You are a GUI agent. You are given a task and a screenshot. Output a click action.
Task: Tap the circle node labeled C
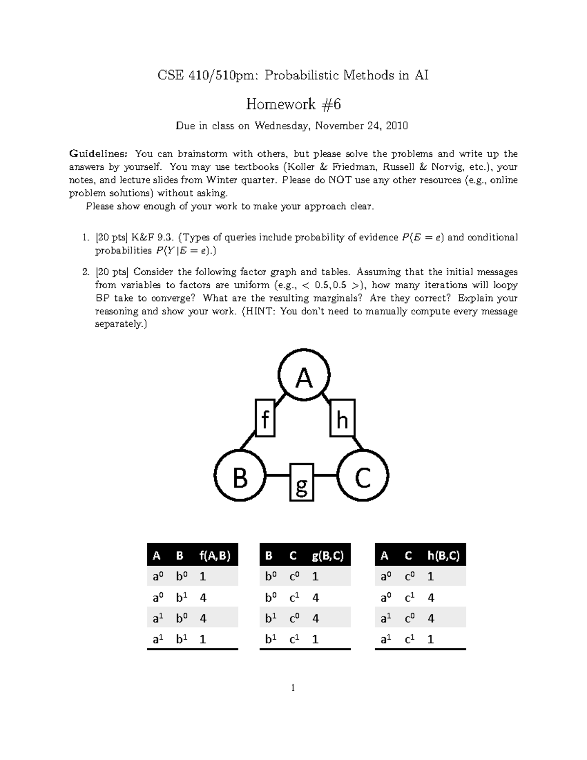[x=363, y=476]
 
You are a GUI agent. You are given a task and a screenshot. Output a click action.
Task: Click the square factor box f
[x=265, y=418]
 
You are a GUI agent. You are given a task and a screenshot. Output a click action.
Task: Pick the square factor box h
[x=342, y=418]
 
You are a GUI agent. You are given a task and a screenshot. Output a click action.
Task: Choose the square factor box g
[x=301, y=483]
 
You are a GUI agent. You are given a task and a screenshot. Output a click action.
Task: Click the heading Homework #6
[x=293, y=104]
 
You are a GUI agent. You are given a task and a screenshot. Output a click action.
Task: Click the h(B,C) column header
[x=443, y=556]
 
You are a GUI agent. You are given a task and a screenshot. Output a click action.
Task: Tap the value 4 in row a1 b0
[x=203, y=618]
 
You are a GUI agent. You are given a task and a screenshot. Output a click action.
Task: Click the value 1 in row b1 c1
[x=316, y=639]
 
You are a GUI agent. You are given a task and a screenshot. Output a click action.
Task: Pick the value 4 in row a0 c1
[x=431, y=598]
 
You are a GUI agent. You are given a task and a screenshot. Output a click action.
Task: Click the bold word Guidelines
[x=99, y=154]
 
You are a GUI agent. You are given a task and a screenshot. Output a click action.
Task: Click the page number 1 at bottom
[x=293, y=688]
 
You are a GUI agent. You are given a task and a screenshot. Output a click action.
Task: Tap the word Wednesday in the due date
[x=281, y=126]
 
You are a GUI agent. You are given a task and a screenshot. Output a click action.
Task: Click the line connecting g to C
[x=325, y=475]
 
